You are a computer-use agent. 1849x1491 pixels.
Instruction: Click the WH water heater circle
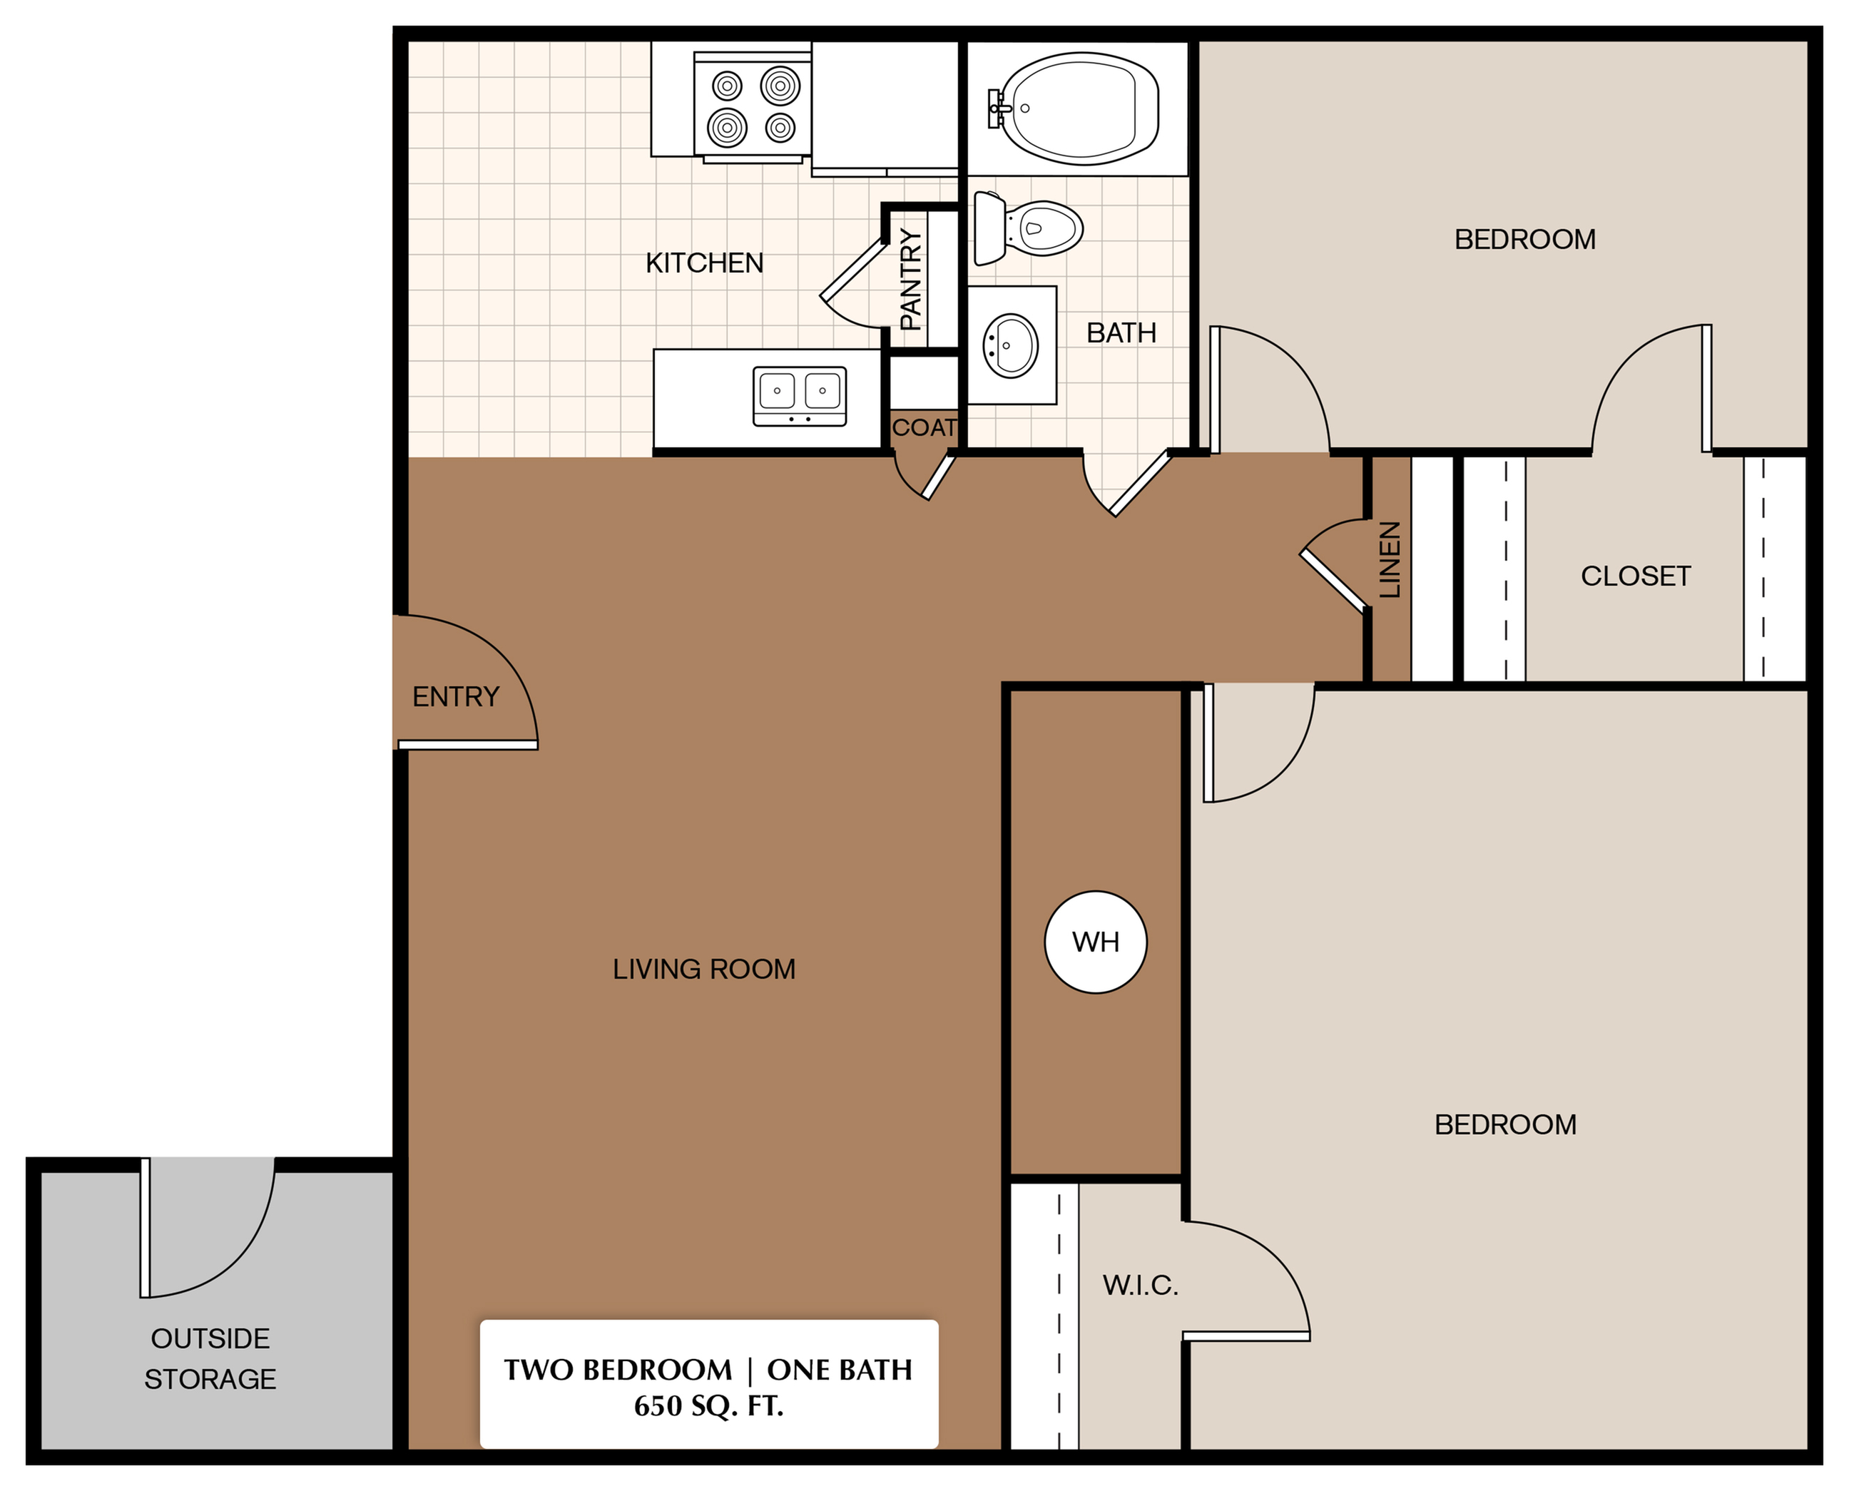pyautogui.click(x=1095, y=942)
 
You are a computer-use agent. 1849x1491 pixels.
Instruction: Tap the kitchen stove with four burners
pyautogui.click(x=753, y=106)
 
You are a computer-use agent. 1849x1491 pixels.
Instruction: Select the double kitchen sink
pyautogui.click(x=799, y=396)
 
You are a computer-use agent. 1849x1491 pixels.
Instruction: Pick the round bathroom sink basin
pyautogui.click(x=1011, y=345)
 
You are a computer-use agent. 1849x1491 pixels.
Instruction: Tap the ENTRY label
pyautogui.click(x=455, y=696)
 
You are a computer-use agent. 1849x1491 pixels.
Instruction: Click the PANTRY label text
pyautogui.click(x=910, y=279)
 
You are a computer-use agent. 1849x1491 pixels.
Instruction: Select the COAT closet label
pyautogui.click(x=924, y=428)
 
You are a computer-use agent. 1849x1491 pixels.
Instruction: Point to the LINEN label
pyautogui.click(x=1390, y=559)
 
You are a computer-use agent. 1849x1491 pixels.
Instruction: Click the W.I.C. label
pyautogui.click(x=1140, y=1286)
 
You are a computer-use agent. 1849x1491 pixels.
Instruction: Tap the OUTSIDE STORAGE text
pyautogui.click(x=210, y=1359)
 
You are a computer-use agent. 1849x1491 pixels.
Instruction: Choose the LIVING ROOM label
pyautogui.click(x=703, y=969)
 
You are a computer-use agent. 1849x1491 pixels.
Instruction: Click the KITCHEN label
pyautogui.click(x=704, y=263)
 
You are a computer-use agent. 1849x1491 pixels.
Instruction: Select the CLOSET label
pyautogui.click(x=1635, y=576)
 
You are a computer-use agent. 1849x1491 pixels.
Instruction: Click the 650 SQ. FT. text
pyautogui.click(x=708, y=1406)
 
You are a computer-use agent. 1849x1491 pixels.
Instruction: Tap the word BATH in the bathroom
pyautogui.click(x=1121, y=333)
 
